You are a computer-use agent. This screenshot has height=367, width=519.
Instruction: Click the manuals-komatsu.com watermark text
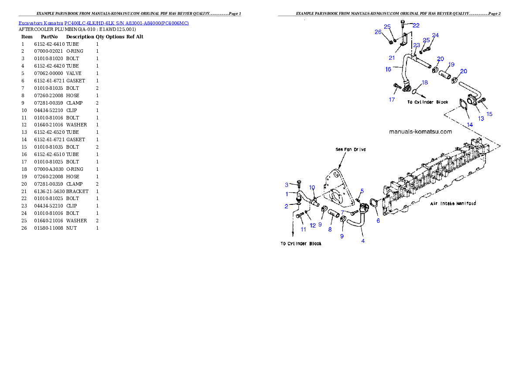[x=420, y=131]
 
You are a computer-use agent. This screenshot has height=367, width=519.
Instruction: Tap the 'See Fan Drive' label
[x=351, y=150]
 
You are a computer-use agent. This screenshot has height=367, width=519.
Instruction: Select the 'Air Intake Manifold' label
[x=453, y=204]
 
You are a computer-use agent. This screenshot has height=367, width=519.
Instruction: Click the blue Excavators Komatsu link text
[x=103, y=23]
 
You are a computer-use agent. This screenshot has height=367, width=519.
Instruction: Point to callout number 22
[x=416, y=26]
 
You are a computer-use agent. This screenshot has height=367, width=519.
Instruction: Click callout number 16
[x=388, y=69]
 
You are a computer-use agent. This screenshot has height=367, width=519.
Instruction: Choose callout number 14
[x=469, y=125]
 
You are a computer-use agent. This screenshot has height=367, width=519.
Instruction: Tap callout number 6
[x=378, y=221]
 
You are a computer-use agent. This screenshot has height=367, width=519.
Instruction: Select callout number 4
[x=362, y=241]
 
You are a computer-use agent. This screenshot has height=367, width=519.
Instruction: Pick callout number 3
[x=287, y=185]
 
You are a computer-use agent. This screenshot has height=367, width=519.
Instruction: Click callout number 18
[x=424, y=82]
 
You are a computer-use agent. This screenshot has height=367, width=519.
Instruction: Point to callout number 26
[x=378, y=32]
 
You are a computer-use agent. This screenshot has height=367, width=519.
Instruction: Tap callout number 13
[x=481, y=118]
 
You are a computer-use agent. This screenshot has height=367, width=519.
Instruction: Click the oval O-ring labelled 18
[x=416, y=92]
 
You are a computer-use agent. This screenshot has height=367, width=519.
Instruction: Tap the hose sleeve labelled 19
[x=444, y=74]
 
